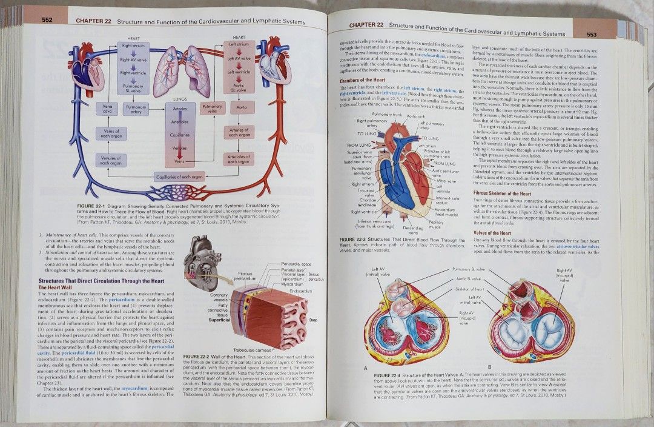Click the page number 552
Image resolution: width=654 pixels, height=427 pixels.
click(47, 20)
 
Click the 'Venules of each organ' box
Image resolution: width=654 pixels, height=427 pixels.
click(111, 160)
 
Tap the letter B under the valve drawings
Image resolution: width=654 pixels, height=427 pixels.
click(489, 367)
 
